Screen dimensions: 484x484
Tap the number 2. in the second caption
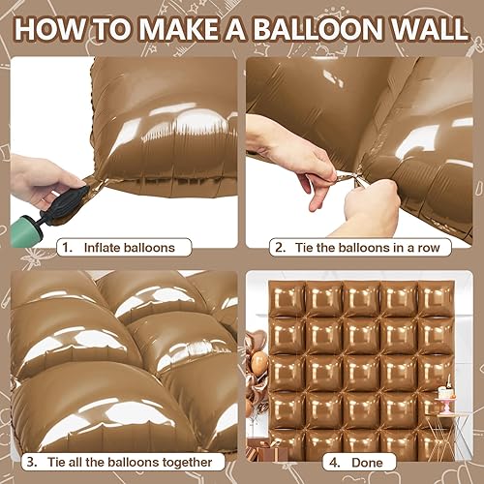280,248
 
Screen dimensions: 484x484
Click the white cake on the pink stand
445,396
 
